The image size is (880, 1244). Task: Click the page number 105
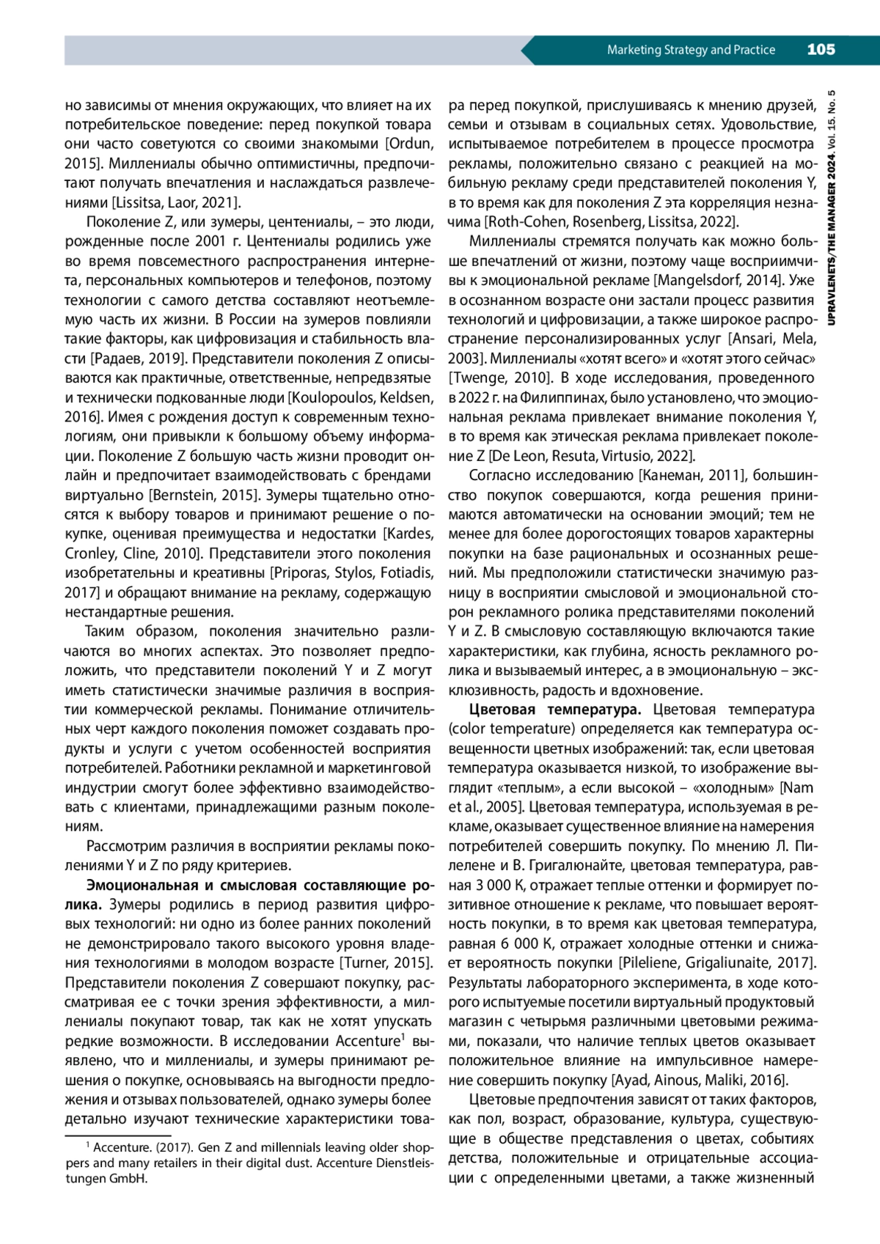[821, 50]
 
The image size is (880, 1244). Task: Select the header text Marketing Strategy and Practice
[691, 50]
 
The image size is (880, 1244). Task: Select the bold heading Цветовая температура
[555, 710]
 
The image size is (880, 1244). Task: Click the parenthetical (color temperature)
[512, 729]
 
